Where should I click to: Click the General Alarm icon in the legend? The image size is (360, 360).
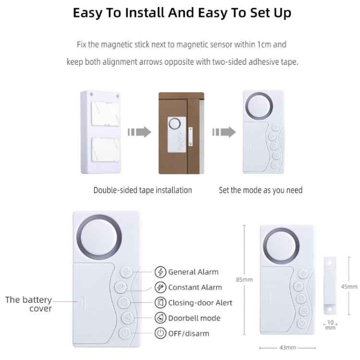pos(160,272)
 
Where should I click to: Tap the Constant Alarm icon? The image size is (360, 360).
pos(160,288)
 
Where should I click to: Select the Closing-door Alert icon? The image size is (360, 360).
pos(160,303)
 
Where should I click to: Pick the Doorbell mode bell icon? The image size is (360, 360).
pos(160,318)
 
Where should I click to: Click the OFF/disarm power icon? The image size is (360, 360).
pos(160,333)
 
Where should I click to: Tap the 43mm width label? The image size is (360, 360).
pos(287,347)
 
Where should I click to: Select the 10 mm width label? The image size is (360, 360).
pos(330,325)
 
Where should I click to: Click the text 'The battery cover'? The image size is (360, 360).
pos(29,304)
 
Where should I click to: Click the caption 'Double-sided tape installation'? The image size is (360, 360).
pos(143,190)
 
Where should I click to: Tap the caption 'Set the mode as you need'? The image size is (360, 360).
pos(261,190)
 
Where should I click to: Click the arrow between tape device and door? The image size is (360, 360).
pos(140,132)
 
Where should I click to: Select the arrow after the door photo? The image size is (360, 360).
pos(224,132)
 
